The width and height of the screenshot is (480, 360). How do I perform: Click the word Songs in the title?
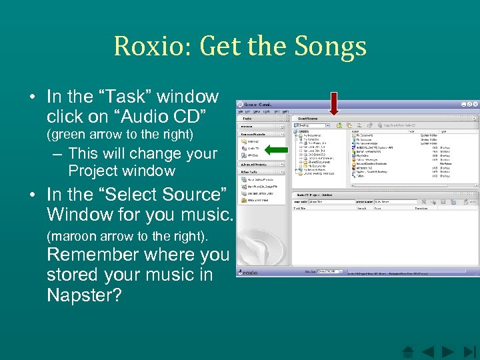click(335, 47)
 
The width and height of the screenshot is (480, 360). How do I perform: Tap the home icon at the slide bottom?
click(408, 351)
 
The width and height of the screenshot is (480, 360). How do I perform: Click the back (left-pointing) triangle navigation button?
click(428, 351)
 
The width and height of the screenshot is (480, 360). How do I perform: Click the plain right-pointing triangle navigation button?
click(448, 351)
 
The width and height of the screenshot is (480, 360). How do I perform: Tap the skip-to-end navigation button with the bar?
click(469, 351)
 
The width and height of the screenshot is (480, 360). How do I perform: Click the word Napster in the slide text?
click(84, 295)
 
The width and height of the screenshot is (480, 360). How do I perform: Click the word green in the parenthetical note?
click(70, 135)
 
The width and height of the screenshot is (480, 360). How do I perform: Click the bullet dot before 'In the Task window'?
click(32, 97)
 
